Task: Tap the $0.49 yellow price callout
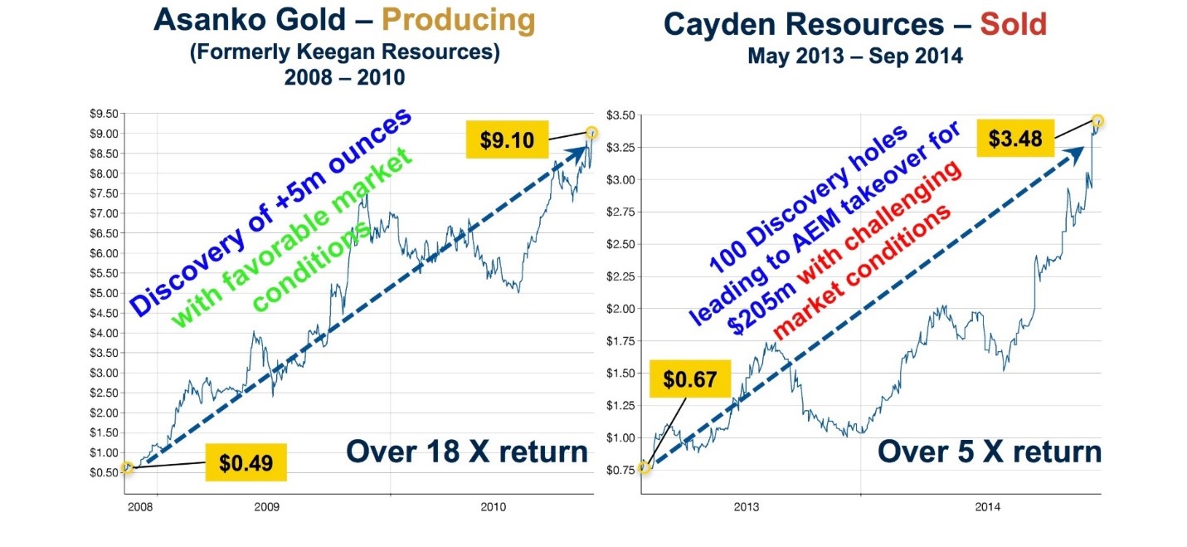(246, 463)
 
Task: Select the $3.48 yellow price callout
(1014, 138)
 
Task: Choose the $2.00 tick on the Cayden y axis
(620, 309)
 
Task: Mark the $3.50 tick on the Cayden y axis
(620, 114)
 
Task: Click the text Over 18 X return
(467, 452)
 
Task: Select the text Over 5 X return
(990, 452)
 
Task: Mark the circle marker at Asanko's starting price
(126, 467)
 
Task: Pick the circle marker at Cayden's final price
(1098, 121)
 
